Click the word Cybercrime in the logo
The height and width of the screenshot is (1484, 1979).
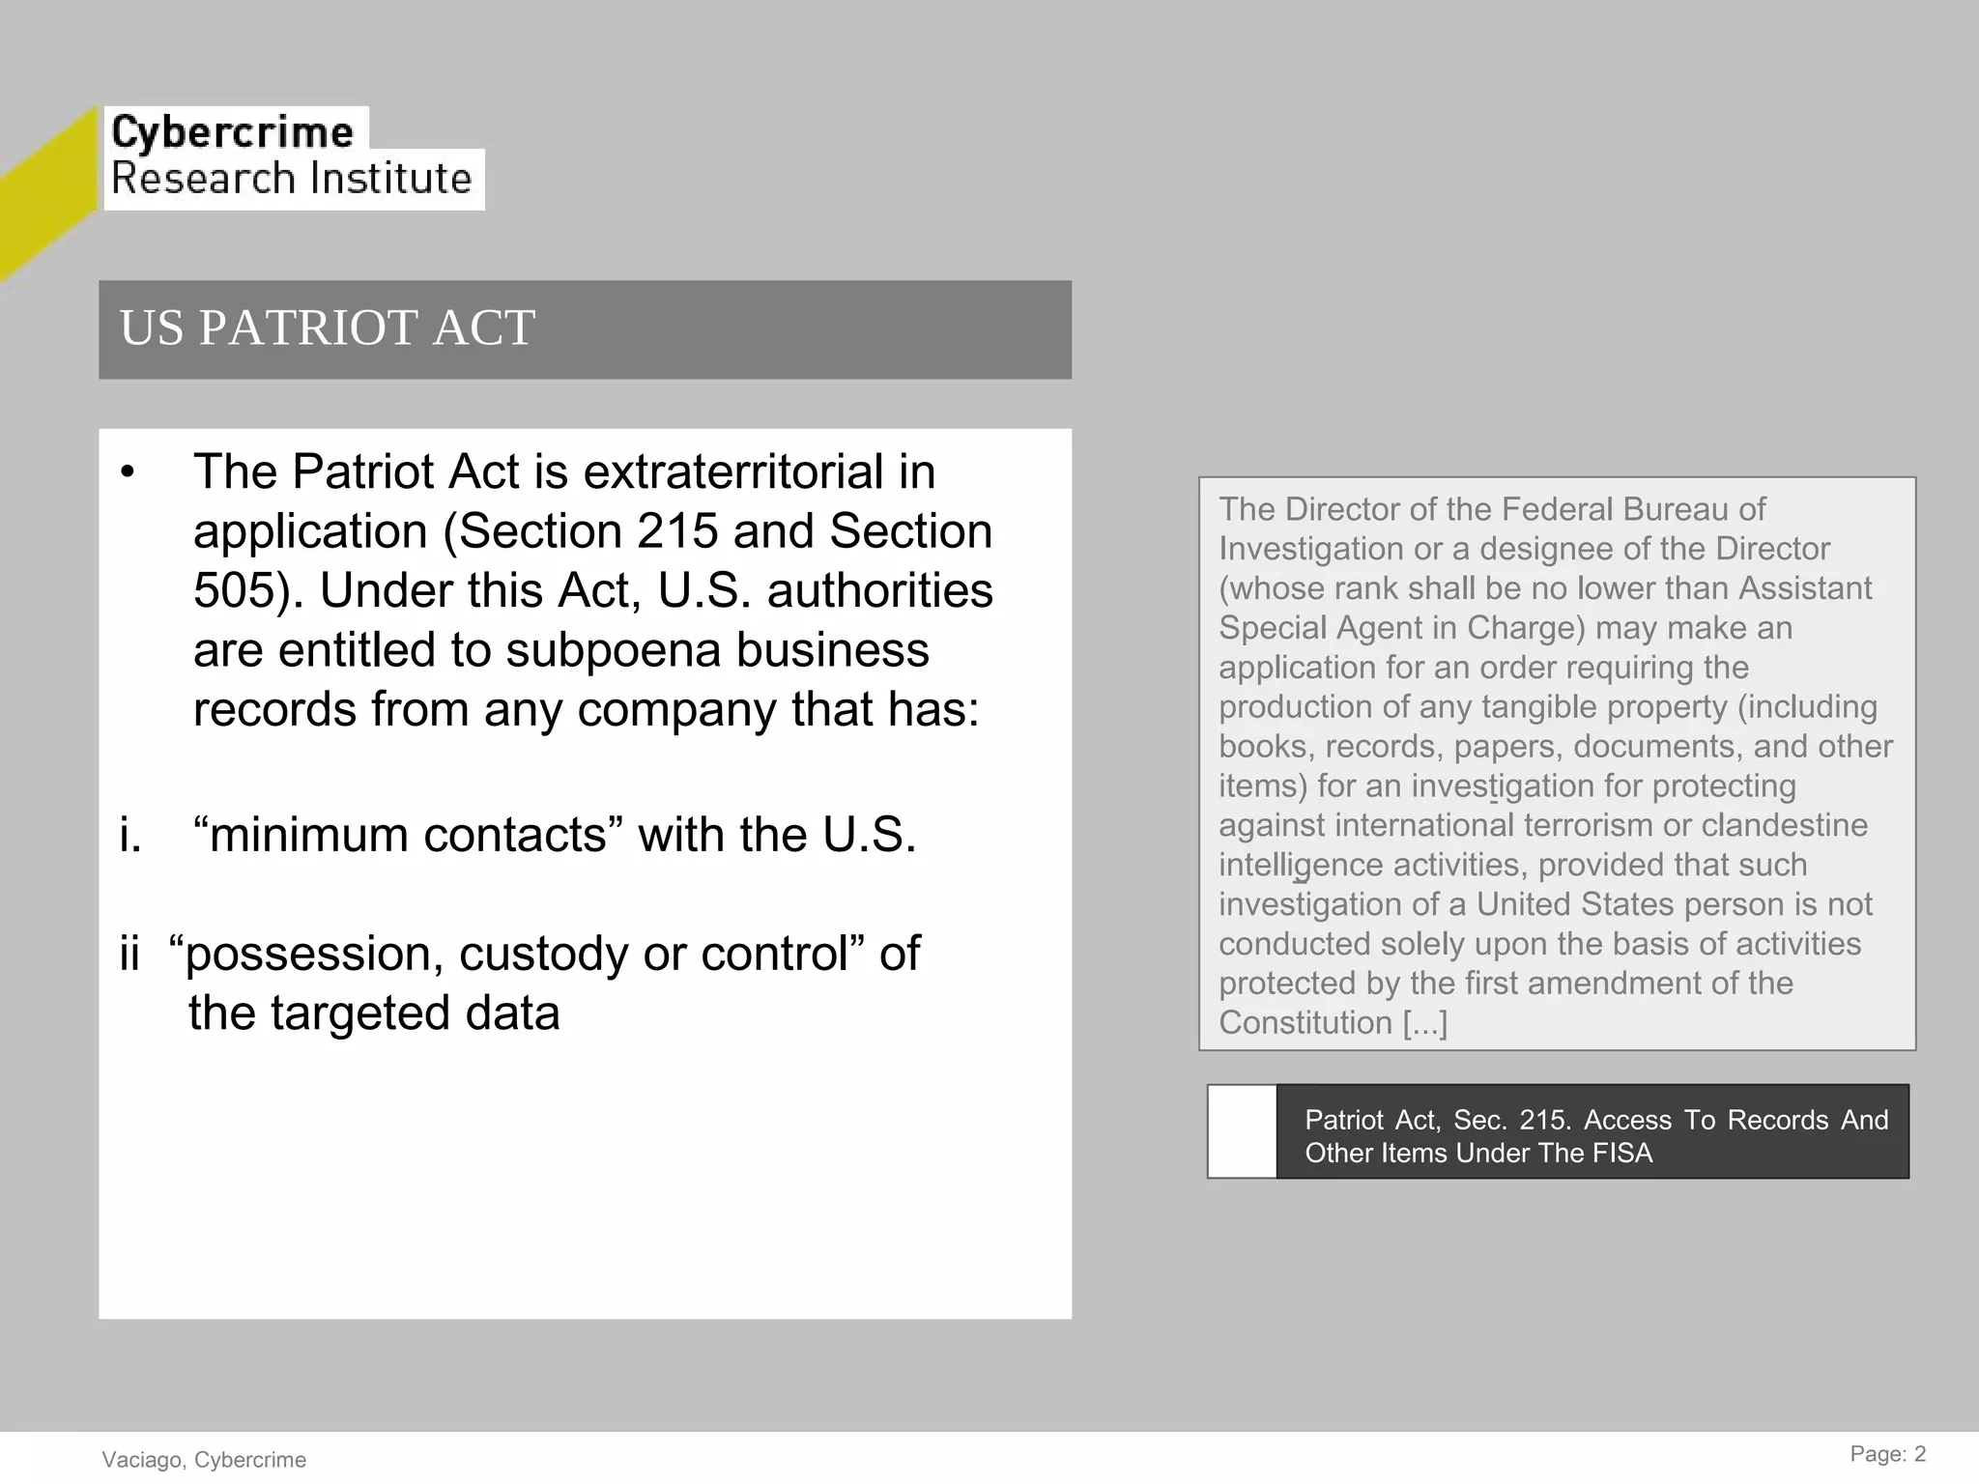[232, 131]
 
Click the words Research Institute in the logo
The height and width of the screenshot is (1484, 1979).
[291, 179]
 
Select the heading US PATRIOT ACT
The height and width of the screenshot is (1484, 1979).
[327, 328]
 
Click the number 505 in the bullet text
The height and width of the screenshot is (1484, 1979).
[235, 590]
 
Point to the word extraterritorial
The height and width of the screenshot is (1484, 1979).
[733, 472]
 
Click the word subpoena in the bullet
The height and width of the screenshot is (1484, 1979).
[613, 650]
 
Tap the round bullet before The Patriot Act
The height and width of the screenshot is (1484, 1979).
[129, 473]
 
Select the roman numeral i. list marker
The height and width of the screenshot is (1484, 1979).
[130, 835]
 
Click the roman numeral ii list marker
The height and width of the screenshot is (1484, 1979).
[130, 954]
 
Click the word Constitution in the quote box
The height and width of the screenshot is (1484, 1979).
[1305, 1022]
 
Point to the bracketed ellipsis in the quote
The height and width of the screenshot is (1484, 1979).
[1425, 1022]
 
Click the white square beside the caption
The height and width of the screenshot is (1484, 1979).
[1243, 1131]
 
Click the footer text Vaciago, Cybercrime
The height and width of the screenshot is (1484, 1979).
[204, 1460]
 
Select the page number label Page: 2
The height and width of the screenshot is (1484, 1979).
[1887, 1454]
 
